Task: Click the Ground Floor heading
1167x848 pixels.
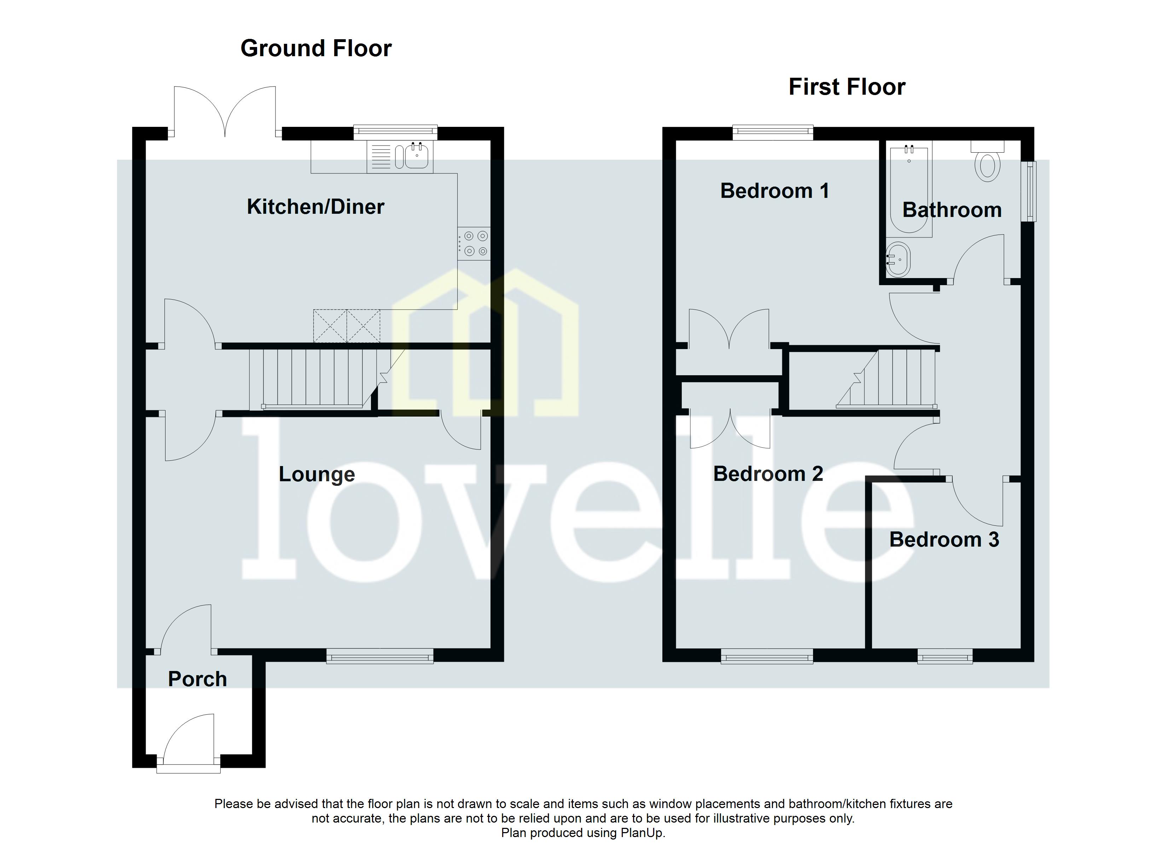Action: (x=316, y=48)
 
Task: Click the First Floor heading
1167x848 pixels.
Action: (x=847, y=87)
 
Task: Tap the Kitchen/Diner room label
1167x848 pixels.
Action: (x=315, y=207)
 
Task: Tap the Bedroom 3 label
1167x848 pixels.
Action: (x=944, y=540)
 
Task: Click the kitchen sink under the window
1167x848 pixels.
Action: (x=416, y=156)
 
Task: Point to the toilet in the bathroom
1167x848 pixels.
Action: (x=987, y=164)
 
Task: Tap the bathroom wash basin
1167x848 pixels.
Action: (x=898, y=260)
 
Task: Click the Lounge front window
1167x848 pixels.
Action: (x=380, y=656)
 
